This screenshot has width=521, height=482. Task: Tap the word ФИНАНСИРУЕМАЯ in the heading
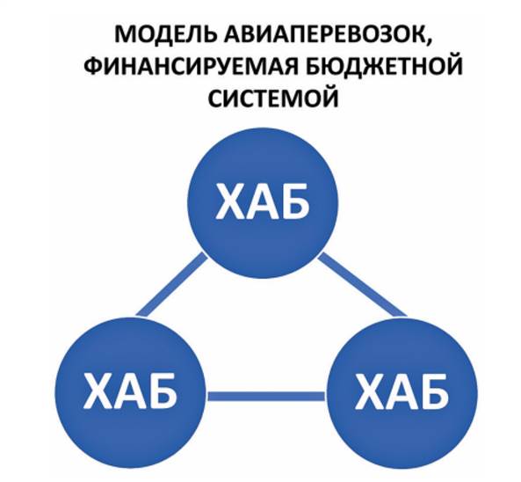click(191, 66)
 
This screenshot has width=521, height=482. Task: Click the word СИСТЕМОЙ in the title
click(273, 98)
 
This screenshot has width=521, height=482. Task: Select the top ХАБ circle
click(263, 202)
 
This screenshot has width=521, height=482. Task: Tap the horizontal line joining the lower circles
click(266, 396)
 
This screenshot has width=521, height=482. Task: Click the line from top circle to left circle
click(172, 284)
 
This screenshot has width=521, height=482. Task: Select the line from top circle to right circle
click(363, 285)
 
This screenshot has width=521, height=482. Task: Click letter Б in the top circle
click(294, 202)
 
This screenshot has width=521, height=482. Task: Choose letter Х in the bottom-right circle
click(370, 391)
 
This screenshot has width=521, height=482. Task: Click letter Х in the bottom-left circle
click(98, 391)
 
